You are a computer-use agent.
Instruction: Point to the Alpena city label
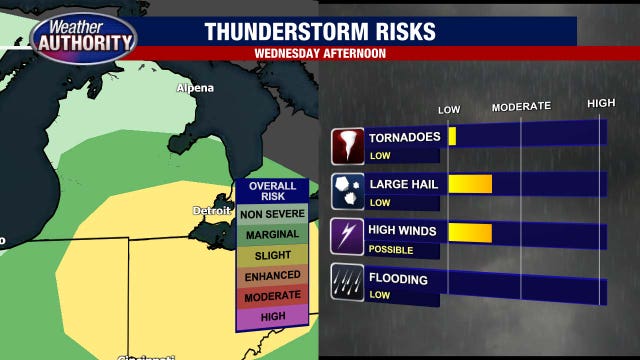pos(195,88)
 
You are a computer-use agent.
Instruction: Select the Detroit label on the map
pos(212,210)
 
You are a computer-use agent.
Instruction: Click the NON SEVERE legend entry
pos(272,213)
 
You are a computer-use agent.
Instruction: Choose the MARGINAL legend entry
pos(272,234)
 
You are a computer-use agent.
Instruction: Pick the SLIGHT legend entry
pos(272,255)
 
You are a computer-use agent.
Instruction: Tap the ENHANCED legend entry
pos(272,276)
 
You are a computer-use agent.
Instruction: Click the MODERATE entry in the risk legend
pos(272,296)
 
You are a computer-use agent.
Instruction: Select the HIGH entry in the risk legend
pos(272,317)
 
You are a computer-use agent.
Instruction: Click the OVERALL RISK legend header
pos(272,191)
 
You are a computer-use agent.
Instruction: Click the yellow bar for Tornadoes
pos(452,137)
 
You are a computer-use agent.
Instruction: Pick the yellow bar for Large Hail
pos(470,184)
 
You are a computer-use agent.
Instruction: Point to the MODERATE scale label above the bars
pos(521,106)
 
